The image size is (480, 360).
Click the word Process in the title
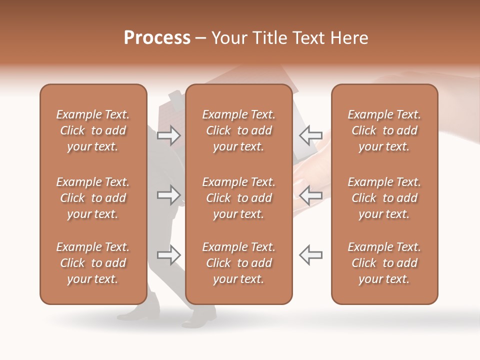point(157,38)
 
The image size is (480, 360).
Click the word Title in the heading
point(271,38)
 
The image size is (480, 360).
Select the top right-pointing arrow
point(168,135)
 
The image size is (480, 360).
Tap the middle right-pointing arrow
point(168,195)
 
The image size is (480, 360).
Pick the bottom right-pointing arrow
point(168,255)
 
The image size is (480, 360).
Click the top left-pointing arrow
point(310,135)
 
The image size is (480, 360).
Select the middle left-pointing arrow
point(310,195)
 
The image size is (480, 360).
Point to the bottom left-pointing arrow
point(310,255)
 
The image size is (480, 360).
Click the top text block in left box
point(93,130)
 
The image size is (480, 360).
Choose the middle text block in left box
point(93,198)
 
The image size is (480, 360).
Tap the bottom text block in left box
point(93,263)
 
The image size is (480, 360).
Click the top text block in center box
point(239,130)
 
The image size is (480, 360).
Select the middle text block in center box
point(239,198)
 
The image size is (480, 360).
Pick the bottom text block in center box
point(239,263)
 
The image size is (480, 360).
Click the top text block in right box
point(384,130)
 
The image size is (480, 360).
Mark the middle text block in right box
point(384,198)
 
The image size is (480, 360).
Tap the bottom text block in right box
point(384,263)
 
